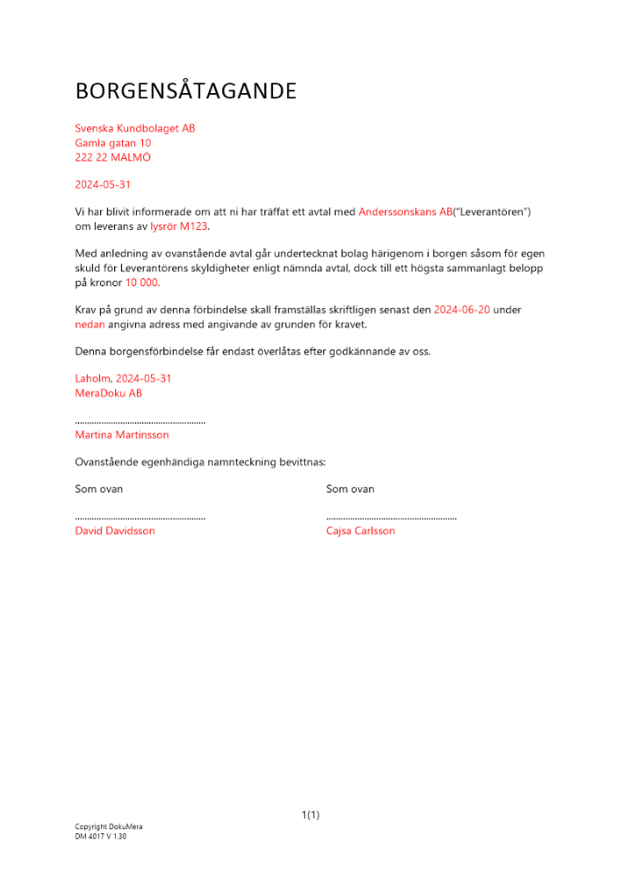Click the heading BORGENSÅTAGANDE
(185, 91)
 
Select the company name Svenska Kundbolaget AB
(135, 128)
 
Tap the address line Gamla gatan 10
(113, 142)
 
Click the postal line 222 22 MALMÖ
(113, 156)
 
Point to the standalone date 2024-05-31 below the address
(103, 184)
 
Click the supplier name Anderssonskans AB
(405, 212)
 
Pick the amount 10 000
(142, 283)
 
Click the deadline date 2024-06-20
(462, 310)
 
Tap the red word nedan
(90, 324)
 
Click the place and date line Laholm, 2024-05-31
(123, 378)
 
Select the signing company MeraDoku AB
(109, 392)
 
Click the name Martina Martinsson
(122, 435)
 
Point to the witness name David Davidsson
(115, 530)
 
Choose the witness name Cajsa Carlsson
(360, 530)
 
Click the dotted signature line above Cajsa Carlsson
(391, 518)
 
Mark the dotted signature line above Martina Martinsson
(141, 422)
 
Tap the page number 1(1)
(310, 815)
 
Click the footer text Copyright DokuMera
(109, 826)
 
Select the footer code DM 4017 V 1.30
(101, 837)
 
